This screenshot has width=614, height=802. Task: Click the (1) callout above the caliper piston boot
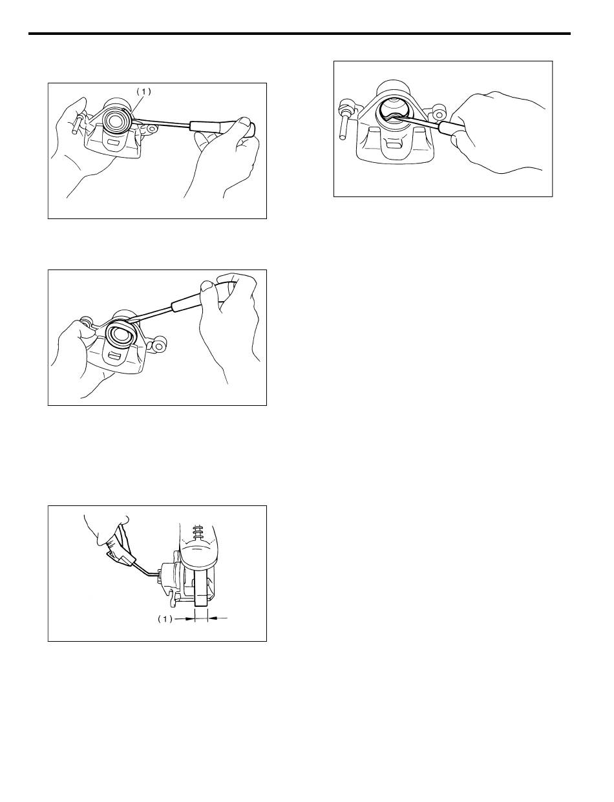point(144,92)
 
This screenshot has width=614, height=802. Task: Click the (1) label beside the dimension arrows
point(165,619)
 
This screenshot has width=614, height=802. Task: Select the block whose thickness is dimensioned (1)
point(201,587)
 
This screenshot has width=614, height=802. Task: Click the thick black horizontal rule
point(299,34)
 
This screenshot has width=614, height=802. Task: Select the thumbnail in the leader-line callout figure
point(243,121)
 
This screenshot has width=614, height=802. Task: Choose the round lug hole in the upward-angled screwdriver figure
point(161,346)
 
